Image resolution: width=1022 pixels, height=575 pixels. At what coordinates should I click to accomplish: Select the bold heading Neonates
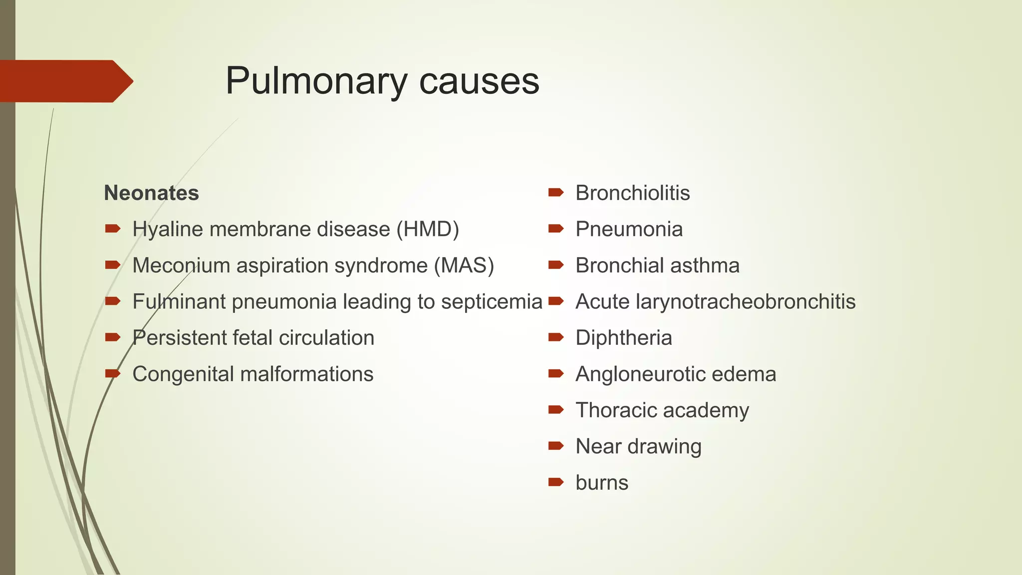tap(151, 193)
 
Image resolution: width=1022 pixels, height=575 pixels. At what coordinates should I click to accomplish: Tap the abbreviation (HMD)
tap(428, 230)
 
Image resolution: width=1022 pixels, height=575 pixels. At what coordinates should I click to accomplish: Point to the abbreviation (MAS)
tap(464, 266)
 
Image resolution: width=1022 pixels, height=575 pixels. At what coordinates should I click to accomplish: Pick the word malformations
tap(307, 374)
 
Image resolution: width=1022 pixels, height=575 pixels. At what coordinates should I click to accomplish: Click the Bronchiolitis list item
tap(632, 193)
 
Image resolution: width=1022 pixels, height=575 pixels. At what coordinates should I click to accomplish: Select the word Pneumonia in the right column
tap(629, 230)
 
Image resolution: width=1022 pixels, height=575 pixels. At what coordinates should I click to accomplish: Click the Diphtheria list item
tap(623, 338)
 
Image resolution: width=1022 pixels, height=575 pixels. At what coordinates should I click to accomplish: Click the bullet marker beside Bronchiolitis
tap(555, 192)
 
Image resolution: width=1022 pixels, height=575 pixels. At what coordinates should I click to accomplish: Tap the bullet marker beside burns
tap(555, 482)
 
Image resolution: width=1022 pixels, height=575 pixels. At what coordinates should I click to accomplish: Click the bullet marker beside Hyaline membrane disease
tap(113, 229)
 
